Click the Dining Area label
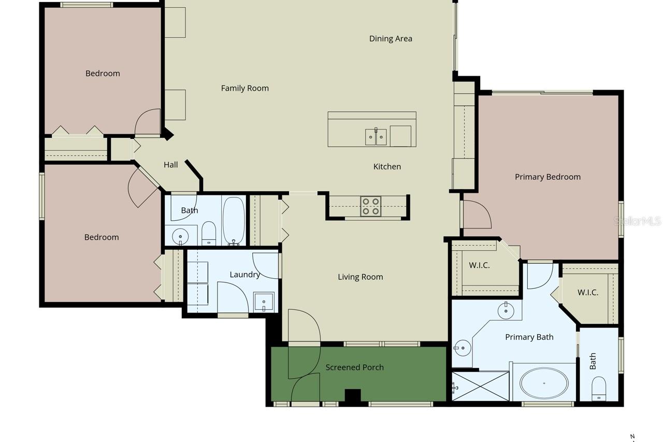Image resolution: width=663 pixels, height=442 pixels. tap(391, 38)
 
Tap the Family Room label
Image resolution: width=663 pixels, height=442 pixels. tap(244, 88)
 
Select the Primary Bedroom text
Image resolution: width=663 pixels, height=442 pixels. tap(547, 177)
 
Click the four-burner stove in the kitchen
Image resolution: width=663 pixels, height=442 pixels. tap(371, 206)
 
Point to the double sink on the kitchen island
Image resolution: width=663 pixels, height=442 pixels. tap(376, 137)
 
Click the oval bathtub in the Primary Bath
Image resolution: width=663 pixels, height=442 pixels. tap(544, 383)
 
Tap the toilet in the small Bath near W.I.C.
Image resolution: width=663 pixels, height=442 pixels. tap(599, 389)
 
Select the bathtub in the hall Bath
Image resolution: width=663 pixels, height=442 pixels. tap(234, 220)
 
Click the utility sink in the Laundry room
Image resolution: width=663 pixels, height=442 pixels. tap(264, 301)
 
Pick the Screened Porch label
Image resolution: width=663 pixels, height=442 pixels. tap(354, 367)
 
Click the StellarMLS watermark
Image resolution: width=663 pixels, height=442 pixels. tap(637, 221)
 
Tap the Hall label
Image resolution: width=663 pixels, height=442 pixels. tap(171, 165)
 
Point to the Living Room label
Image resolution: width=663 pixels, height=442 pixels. tap(361, 277)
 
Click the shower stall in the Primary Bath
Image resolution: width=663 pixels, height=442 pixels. tap(480, 386)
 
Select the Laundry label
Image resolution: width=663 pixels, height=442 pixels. tap(244, 275)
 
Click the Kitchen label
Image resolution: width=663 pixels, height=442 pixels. tap(387, 166)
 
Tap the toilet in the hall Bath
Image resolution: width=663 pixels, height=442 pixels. tap(209, 234)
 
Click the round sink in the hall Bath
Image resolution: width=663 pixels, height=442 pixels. tap(180, 236)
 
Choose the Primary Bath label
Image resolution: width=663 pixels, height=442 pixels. tap(529, 337)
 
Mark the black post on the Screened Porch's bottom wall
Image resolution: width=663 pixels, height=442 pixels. tap(353, 396)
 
